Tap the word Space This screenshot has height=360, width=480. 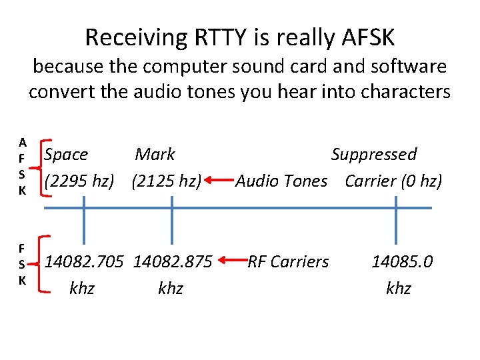tap(66, 155)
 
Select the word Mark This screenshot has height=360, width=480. tap(155, 155)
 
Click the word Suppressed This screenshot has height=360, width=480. tap(374, 155)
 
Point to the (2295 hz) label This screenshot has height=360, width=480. tap(79, 181)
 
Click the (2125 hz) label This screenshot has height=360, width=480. tap(167, 181)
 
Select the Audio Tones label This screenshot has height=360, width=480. tap(281, 181)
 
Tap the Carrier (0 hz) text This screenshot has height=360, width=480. tap(393, 181)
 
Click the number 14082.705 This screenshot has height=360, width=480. tap(84, 262)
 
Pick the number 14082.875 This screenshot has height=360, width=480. tap(173, 262)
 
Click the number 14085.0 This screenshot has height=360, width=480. tap(402, 262)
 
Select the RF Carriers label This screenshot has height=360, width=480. tap(288, 262)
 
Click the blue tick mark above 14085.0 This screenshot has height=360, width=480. tap(396, 225)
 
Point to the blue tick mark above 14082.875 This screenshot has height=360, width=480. tap(172, 225)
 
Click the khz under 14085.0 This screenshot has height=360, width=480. tap(399, 289)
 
